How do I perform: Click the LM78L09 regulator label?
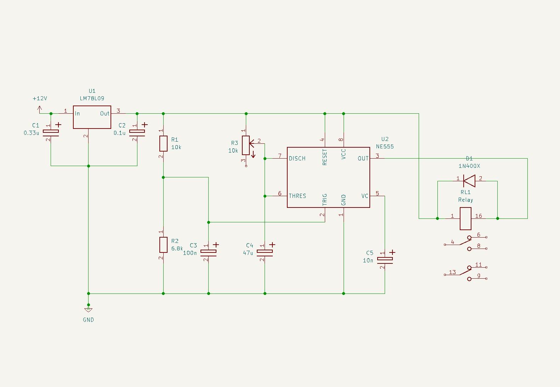pos(92,98)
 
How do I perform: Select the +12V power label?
pos(40,98)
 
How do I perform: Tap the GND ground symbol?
pos(89,310)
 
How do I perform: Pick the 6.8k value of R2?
pos(177,249)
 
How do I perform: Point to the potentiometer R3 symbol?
pos(246,145)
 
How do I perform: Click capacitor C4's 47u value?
pos(248,253)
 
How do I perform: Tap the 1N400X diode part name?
pos(469,166)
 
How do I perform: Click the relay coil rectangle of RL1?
pos(465,218)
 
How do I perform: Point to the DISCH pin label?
pos(297,158)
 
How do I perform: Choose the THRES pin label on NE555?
pos(297,196)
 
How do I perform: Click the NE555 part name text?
pos(385,146)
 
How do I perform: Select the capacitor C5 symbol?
pos(385,259)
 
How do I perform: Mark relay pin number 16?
pos(479,216)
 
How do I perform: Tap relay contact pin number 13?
pos(452,272)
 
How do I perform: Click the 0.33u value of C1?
pos(31,133)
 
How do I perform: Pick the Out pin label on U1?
pos(104,113)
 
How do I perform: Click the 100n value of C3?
pos(190,253)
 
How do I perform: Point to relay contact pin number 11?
pos(479,264)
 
